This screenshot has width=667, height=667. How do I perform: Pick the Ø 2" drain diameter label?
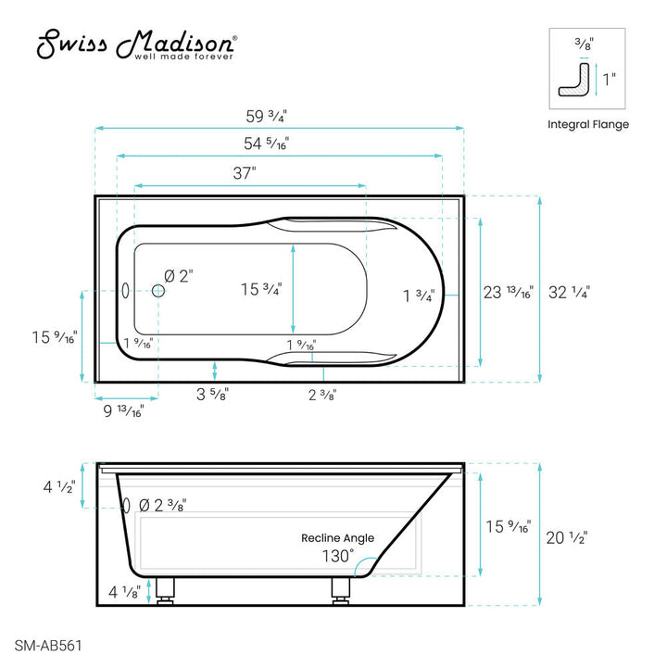click(x=178, y=275)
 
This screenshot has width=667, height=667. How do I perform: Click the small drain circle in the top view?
click(x=158, y=291)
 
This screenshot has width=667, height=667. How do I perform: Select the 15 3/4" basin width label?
click(x=261, y=289)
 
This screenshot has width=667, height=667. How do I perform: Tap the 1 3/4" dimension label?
click(x=419, y=296)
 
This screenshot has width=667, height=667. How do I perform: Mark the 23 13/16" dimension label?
click(x=508, y=292)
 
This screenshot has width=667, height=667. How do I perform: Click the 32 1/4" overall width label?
click(x=569, y=292)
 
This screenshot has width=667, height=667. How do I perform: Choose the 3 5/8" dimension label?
click(x=213, y=394)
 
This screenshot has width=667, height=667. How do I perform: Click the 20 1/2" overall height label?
click(x=566, y=536)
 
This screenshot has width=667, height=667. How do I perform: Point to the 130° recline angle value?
click(x=338, y=556)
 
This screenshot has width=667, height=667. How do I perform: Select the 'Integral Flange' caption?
click(x=588, y=124)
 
